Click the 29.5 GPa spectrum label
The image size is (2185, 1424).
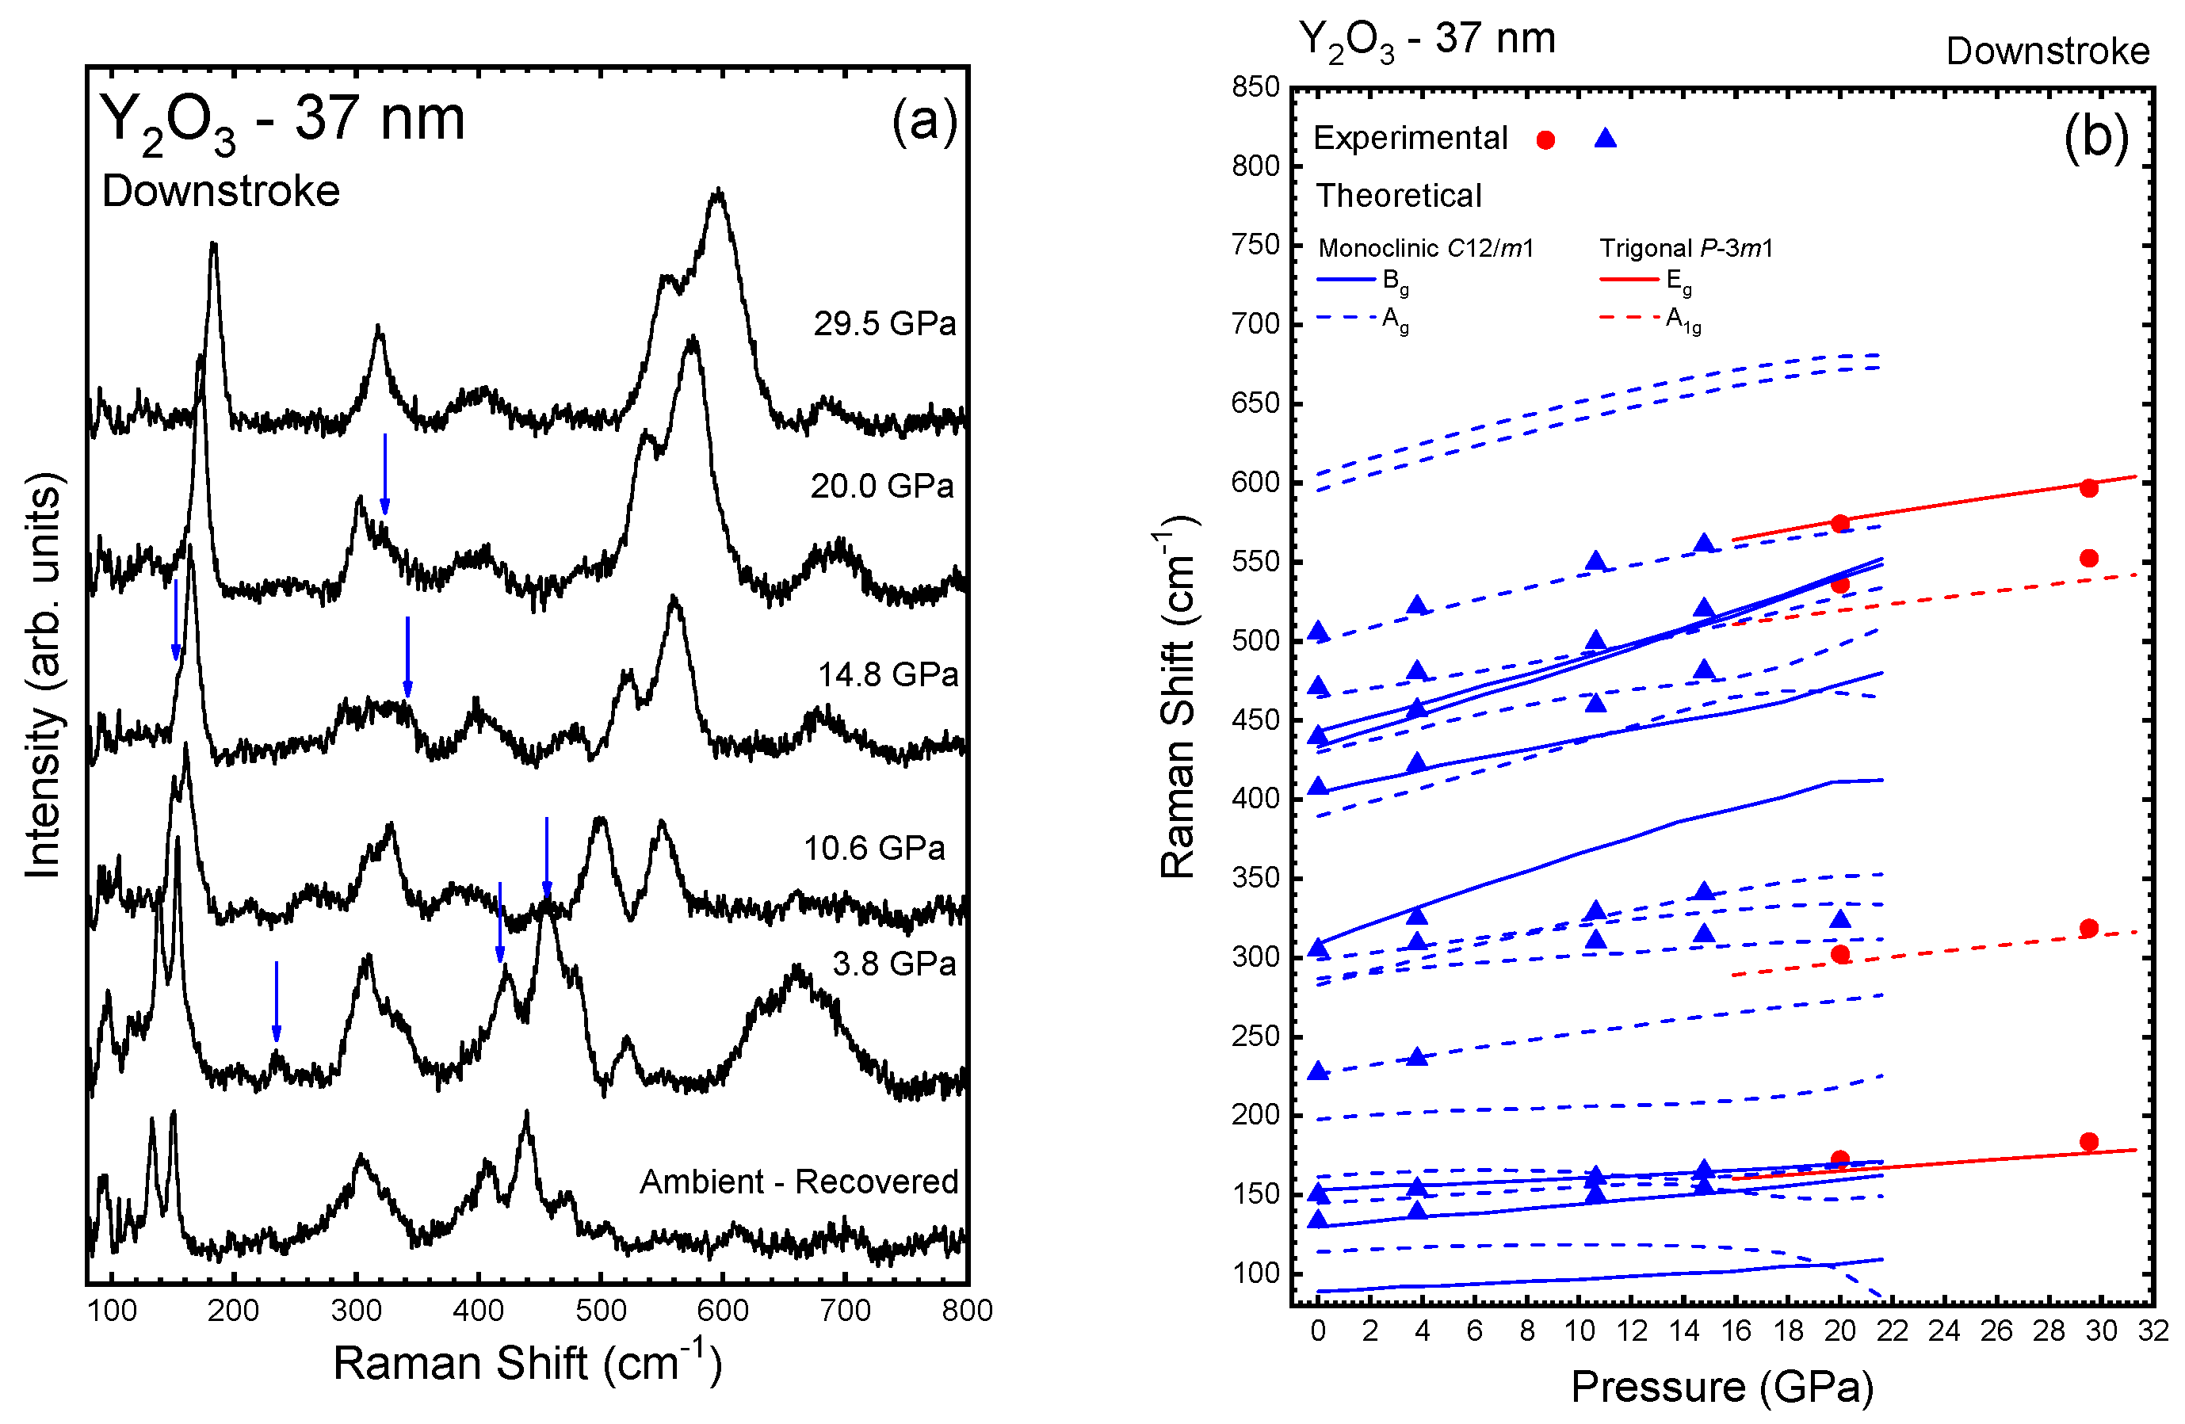pos(884,323)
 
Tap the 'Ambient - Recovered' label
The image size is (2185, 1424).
pos(799,1182)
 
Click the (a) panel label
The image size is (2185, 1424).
pos(923,121)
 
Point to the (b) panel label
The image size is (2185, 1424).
pos(2096,138)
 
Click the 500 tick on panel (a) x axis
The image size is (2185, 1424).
pos(601,1310)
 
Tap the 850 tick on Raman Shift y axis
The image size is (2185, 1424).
pos(1255,87)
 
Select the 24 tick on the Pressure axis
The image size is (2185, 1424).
pos(1943,1330)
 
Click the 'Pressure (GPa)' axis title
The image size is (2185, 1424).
pos(1721,1386)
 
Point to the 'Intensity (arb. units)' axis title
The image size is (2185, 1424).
pos(42,676)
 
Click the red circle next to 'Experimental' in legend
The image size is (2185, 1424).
pos(1546,139)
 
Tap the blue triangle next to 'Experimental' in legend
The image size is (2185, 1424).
pos(1605,139)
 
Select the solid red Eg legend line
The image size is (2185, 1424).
pos(1629,279)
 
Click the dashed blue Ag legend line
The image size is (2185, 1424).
pos(1346,319)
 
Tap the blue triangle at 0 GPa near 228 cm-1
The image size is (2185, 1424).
pos(1318,1071)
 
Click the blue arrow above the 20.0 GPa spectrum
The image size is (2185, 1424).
pos(384,474)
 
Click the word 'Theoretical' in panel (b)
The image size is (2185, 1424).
pos(1398,196)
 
